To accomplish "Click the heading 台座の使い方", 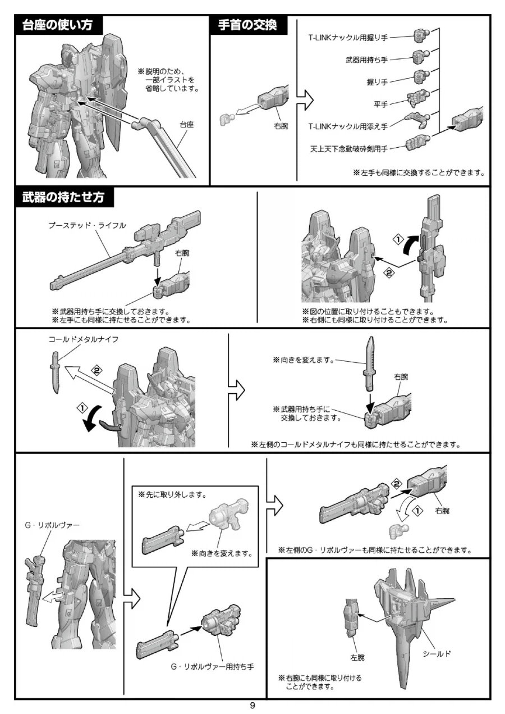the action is tap(57, 25).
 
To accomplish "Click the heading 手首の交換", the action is tap(247, 25).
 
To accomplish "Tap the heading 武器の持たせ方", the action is tap(63, 197).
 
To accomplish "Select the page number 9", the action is tap(252, 706).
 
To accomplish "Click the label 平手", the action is tap(380, 104).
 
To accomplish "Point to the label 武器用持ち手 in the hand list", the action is tap(366, 60).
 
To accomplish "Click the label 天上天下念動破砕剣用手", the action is tap(349, 149).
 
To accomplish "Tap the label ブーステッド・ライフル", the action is tap(87, 225).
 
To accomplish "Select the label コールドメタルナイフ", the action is tap(84, 339).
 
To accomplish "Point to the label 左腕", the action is tap(357, 658).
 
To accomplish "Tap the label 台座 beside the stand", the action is tap(187, 125).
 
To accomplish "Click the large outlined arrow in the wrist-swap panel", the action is tap(305, 100).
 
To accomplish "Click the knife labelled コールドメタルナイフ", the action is tap(56, 372).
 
